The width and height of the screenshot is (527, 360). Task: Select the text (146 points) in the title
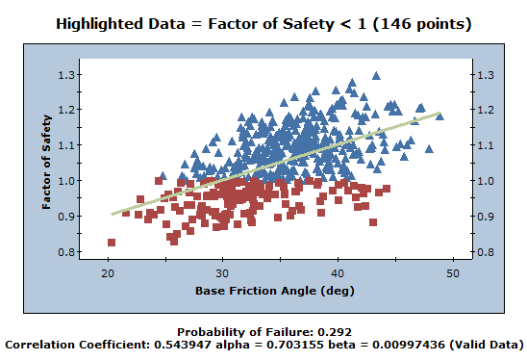[429, 22]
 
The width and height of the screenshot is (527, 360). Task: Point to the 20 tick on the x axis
[108, 273]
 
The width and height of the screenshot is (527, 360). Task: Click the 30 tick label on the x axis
[222, 273]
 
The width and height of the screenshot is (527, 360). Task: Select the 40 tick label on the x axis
[337, 273]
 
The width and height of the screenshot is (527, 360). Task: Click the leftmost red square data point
[112, 243]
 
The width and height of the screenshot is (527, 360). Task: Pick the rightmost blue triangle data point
[439, 115]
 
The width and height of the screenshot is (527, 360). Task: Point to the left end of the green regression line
[113, 214]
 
